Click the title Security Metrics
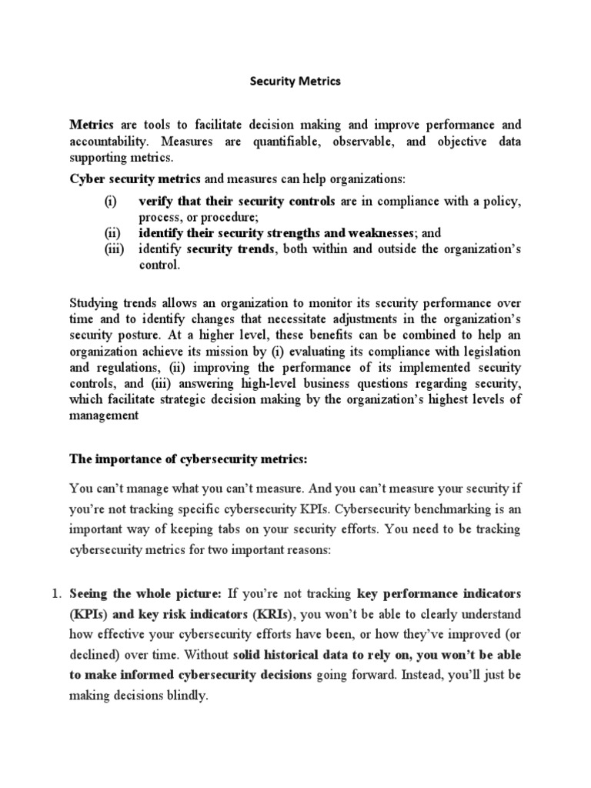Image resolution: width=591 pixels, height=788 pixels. [295, 82]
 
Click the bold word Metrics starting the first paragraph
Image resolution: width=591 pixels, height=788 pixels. [92, 125]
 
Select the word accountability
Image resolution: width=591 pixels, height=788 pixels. [105, 142]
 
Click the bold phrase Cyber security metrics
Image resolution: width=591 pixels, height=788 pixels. [135, 179]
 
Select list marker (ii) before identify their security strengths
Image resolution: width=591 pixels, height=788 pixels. [113, 232]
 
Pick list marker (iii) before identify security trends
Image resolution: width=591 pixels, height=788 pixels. [115, 249]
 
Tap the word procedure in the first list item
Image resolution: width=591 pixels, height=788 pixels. [215, 217]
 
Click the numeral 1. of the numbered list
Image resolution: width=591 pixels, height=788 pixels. [55, 594]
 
